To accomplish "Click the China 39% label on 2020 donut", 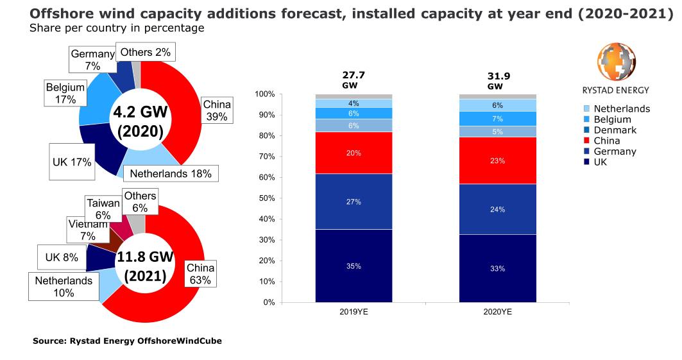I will point(216,110).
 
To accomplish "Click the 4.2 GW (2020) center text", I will point(140,121).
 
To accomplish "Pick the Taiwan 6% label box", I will point(103,209).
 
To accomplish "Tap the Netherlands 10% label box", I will point(64,286).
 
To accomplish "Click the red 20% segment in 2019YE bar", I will point(354,153).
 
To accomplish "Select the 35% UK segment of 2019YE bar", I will point(354,266).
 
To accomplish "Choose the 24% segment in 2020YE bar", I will point(497,209).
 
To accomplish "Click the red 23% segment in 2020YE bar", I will point(497,160).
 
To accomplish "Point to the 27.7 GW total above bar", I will point(354,80).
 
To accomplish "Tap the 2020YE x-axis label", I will point(497,313).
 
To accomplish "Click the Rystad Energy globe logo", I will point(615,63).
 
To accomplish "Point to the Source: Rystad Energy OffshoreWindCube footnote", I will point(127,341).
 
